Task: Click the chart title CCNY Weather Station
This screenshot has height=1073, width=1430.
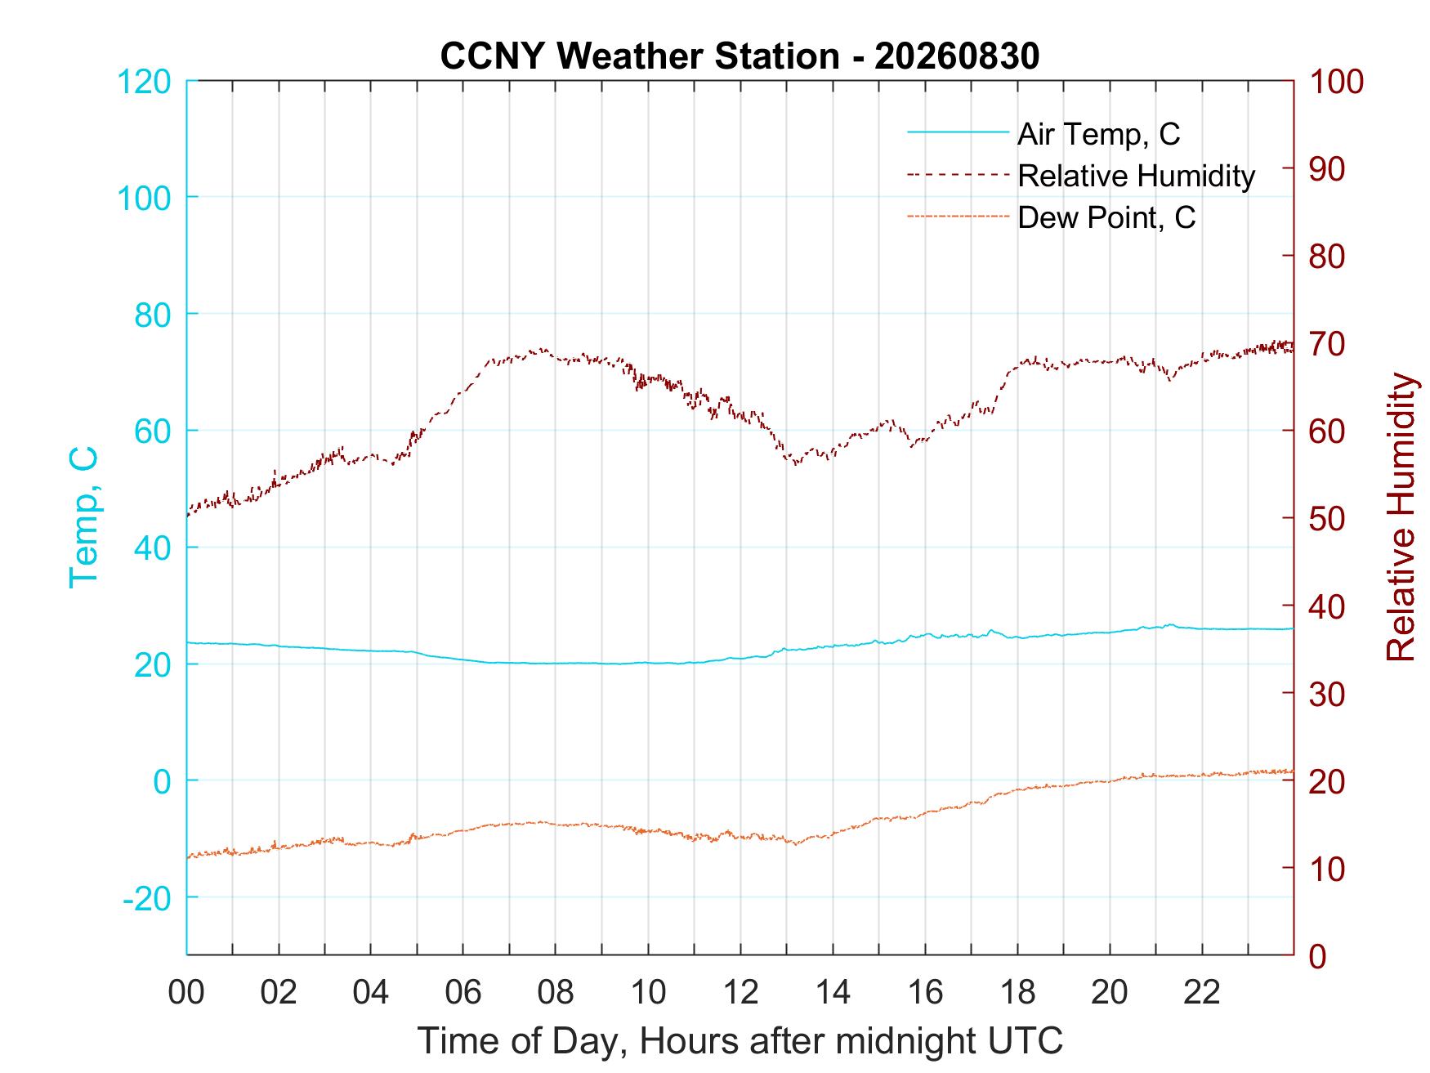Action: (640, 56)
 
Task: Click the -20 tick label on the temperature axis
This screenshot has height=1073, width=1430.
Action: (147, 897)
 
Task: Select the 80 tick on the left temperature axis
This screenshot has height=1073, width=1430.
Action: (153, 314)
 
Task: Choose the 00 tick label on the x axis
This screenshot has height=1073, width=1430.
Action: (186, 992)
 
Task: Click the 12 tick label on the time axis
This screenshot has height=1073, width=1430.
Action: (740, 992)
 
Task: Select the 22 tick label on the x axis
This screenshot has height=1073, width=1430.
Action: (1202, 992)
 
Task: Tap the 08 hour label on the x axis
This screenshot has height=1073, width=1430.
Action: (556, 992)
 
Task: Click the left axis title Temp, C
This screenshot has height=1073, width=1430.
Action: (83, 517)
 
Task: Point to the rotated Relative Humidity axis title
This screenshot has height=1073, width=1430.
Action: (1401, 517)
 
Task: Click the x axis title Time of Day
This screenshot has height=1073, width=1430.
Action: (740, 1040)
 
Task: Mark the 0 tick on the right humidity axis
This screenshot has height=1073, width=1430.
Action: (1318, 955)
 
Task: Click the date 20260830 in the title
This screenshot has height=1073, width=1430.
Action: (957, 56)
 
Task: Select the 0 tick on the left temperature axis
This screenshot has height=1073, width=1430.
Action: (163, 780)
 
